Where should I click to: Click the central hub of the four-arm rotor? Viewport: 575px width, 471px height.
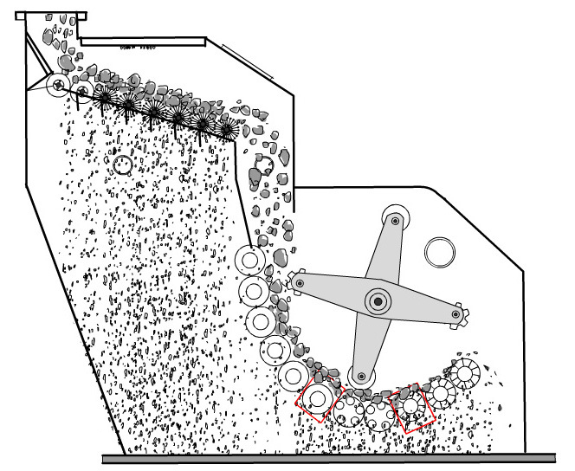click(x=378, y=300)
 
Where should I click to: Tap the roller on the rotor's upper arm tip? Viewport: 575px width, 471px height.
click(x=396, y=222)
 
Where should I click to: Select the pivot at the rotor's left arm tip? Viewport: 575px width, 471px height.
click(x=300, y=282)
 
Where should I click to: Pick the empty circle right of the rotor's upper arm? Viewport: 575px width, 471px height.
click(x=439, y=253)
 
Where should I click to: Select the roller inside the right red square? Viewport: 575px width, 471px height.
click(x=412, y=406)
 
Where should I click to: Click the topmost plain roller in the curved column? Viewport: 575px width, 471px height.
click(x=251, y=259)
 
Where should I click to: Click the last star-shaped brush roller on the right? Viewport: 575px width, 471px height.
click(x=227, y=130)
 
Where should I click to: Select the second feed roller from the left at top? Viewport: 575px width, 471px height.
click(x=84, y=89)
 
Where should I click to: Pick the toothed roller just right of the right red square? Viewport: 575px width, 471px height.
click(x=441, y=394)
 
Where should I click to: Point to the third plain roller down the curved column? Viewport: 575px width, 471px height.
click(x=261, y=321)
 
